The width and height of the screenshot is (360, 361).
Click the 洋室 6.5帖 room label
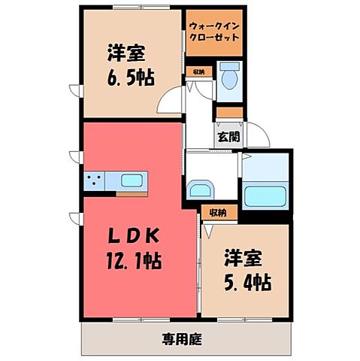point(126,65)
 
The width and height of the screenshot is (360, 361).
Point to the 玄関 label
point(228,137)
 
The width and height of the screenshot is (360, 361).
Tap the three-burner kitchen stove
point(95,180)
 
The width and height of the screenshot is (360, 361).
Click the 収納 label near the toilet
point(198,72)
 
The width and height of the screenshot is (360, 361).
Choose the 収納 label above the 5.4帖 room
point(218,213)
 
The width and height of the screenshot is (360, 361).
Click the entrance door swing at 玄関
point(260,136)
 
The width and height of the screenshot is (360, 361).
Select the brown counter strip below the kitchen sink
point(132,193)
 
